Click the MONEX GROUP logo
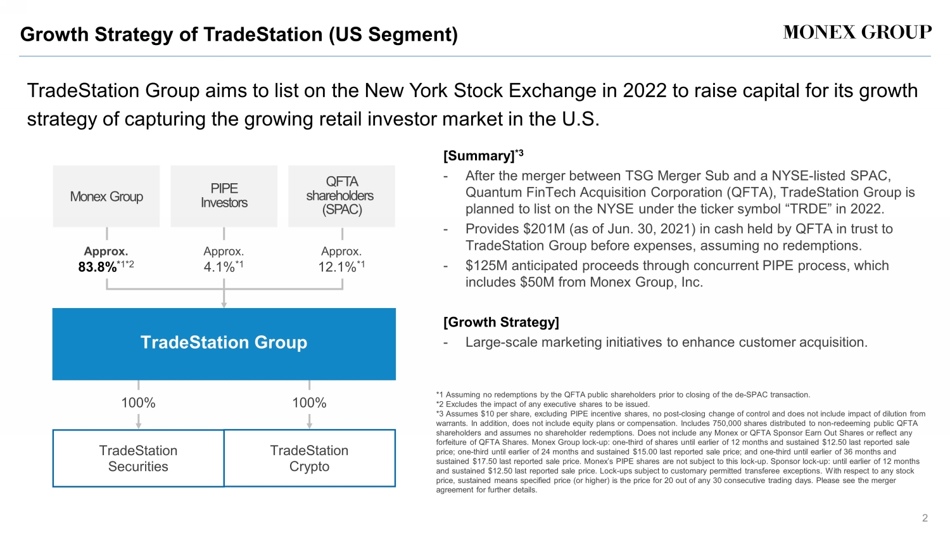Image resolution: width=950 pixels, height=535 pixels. click(857, 32)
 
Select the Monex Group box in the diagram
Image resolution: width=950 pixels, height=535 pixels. click(106, 197)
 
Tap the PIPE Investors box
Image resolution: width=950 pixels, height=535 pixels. click(224, 196)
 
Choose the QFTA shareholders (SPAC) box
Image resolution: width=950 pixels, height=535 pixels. click(341, 196)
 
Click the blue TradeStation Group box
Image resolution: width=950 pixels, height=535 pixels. click(224, 344)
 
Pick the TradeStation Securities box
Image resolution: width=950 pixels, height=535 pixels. click(138, 458)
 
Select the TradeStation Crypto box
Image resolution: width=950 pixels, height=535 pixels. click(310, 458)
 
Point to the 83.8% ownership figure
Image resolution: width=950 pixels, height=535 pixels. click(98, 267)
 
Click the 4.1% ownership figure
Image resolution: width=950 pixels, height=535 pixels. click(219, 267)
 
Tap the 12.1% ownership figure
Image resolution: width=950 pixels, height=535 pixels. click(337, 267)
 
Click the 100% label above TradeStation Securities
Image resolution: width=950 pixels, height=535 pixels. click(138, 403)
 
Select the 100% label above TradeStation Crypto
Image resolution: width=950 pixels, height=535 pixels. click(309, 403)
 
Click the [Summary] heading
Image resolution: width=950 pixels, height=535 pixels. click(479, 156)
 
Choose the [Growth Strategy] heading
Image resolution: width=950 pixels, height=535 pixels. click(501, 322)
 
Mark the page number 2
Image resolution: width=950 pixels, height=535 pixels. click(925, 518)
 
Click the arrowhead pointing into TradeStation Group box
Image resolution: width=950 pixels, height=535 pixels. click(224, 305)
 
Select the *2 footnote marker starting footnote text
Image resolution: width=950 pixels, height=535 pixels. click(440, 404)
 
